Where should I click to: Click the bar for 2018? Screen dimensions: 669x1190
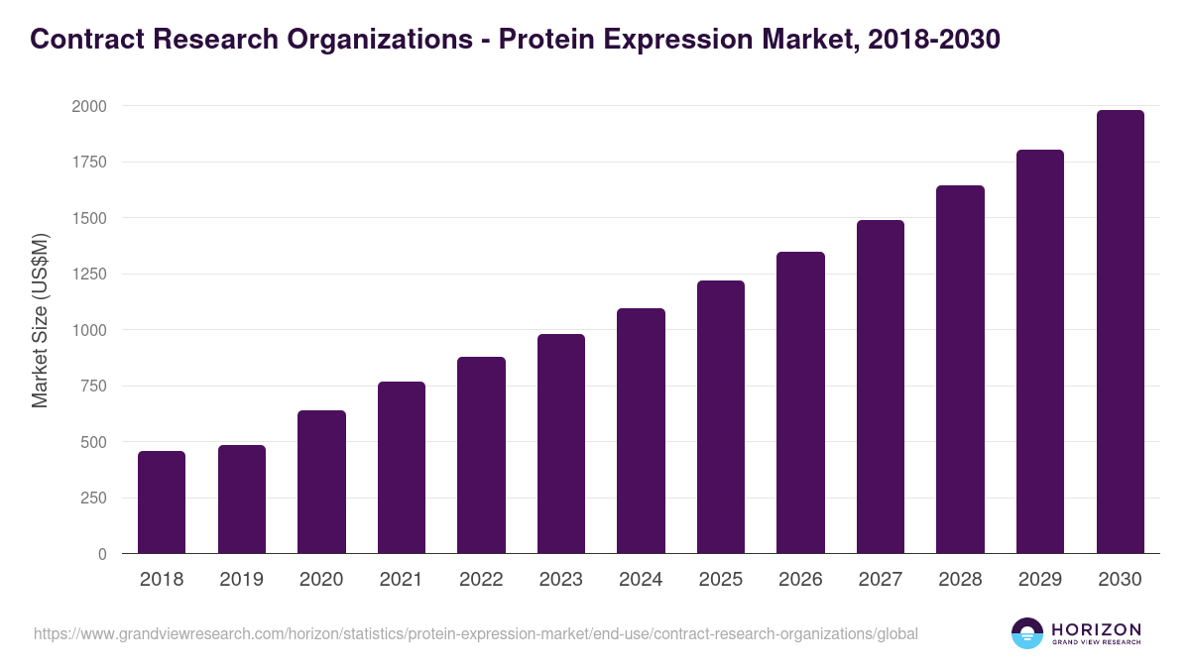(x=162, y=502)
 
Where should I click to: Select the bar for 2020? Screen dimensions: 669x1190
(x=321, y=482)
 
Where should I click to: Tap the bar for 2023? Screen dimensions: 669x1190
(x=561, y=444)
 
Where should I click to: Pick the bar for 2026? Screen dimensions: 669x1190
(x=800, y=402)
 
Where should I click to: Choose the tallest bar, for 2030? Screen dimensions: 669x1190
(x=1120, y=332)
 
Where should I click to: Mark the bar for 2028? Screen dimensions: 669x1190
(x=960, y=370)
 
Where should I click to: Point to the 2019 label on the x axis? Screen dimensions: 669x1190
(x=241, y=580)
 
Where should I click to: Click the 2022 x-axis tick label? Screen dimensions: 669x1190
(x=481, y=580)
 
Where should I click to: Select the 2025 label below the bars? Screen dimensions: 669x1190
(x=721, y=580)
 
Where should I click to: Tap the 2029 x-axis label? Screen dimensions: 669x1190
(x=1040, y=580)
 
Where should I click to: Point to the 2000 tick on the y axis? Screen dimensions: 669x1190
(x=88, y=106)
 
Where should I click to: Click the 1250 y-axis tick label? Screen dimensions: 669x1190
(x=88, y=275)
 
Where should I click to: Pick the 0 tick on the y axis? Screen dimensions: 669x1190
(x=103, y=554)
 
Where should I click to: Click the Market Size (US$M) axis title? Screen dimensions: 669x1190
(x=40, y=321)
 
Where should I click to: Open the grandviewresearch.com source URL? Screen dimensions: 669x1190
(x=476, y=633)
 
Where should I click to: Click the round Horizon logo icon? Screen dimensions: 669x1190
(x=1026, y=633)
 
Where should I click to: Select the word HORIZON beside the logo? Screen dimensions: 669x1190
(x=1096, y=628)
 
